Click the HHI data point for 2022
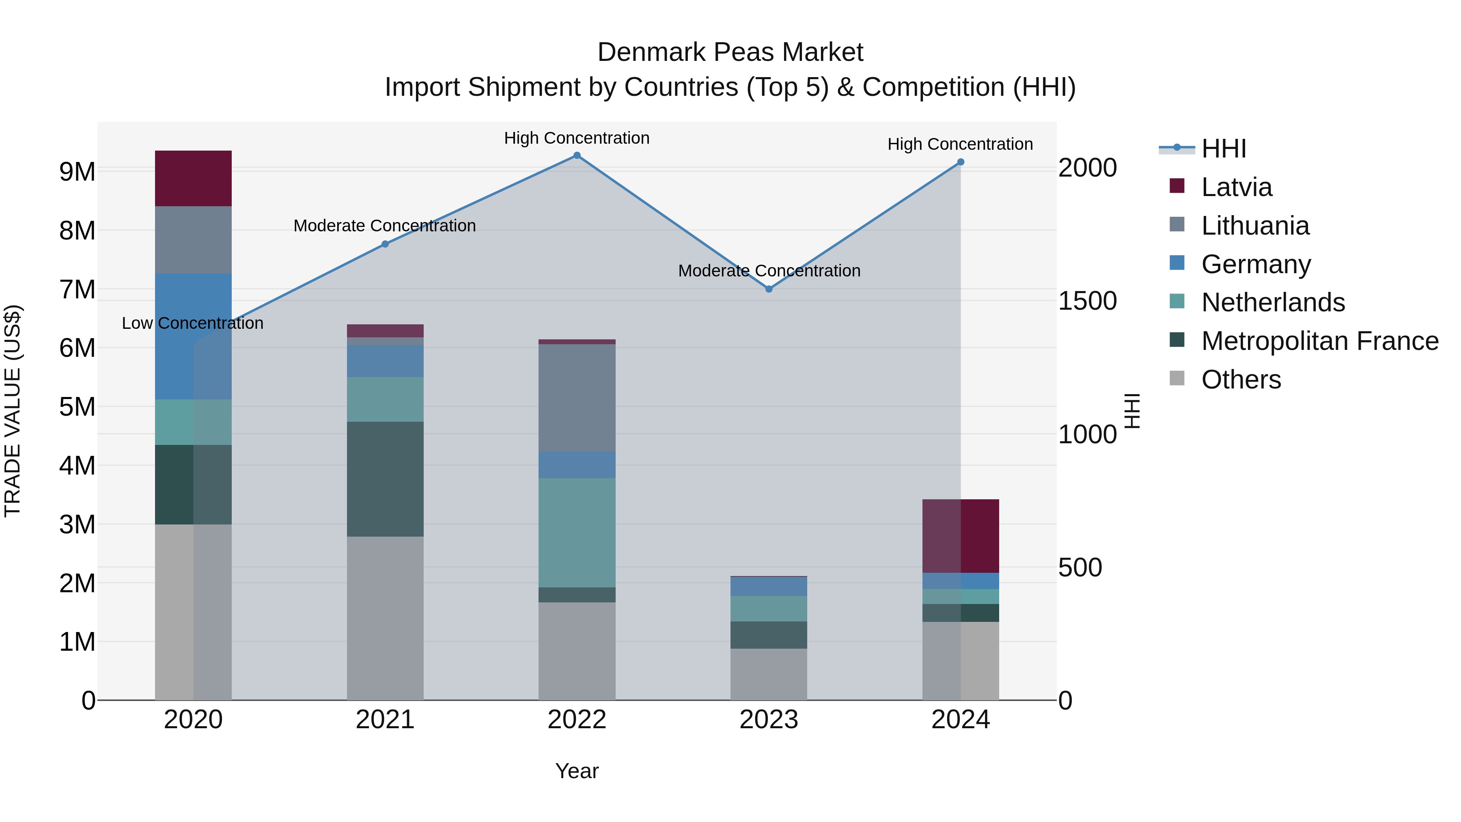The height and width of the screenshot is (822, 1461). (x=577, y=155)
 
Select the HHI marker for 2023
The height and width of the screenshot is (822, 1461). (x=769, y=289)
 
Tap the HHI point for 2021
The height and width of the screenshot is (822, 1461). (x=385, y=244)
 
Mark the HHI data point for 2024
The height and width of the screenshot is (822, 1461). (x=961, y=162)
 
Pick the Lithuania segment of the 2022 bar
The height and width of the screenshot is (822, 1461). (x=577, y=398)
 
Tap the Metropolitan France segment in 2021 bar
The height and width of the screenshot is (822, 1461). (x=385, y=479)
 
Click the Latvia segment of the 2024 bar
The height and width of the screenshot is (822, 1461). (x=961, y=536)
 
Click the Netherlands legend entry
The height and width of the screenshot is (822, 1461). (x=1273, y=302)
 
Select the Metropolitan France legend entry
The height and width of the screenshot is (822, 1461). (x=1319, y=341)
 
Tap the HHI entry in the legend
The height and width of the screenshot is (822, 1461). (x=1223, y=149)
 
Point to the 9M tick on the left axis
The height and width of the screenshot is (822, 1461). (x=78, y=171)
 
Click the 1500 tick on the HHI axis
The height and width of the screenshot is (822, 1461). (x=1087, y=301)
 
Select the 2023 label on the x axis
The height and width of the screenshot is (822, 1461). (x=769, y=720)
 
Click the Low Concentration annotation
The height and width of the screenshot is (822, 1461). (x=193, y=324)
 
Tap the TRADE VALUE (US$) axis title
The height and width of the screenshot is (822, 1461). (x=13, y=411)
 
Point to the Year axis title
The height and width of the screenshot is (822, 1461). (x=577, y=771)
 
